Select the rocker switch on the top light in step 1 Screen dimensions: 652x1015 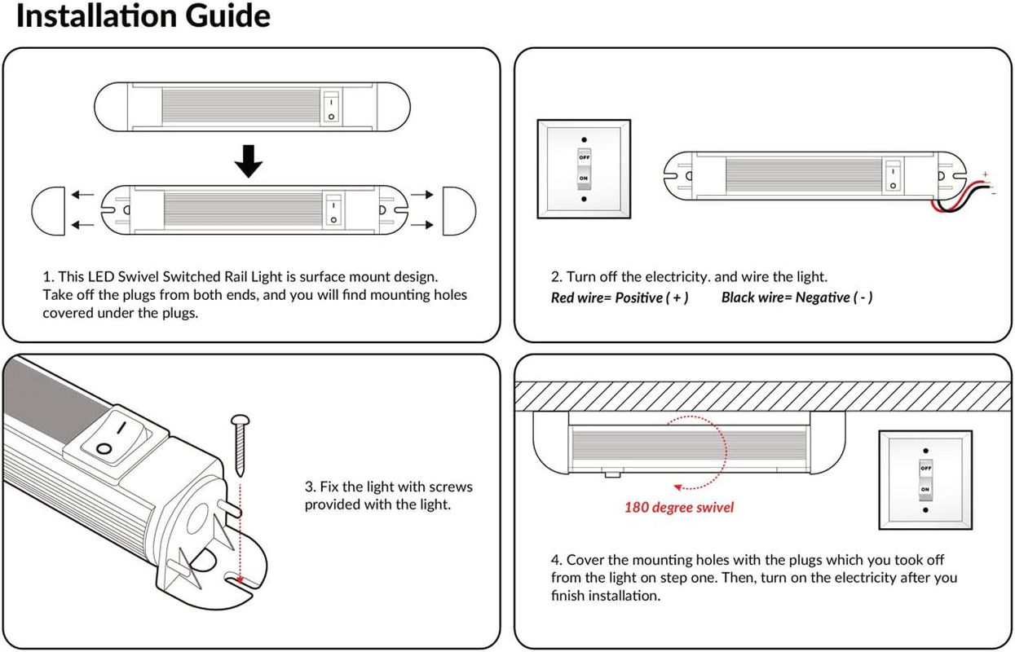click(x=330, y=108)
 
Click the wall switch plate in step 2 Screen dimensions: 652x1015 click(x=584, y=169)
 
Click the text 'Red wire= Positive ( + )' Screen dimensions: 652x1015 click(x=620, y=297)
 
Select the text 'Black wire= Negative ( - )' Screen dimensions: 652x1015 click(x=797, y=297)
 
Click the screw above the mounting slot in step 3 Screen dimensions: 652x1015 click(x=241, y=445)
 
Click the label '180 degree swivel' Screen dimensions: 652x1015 click(x=679, y=508)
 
